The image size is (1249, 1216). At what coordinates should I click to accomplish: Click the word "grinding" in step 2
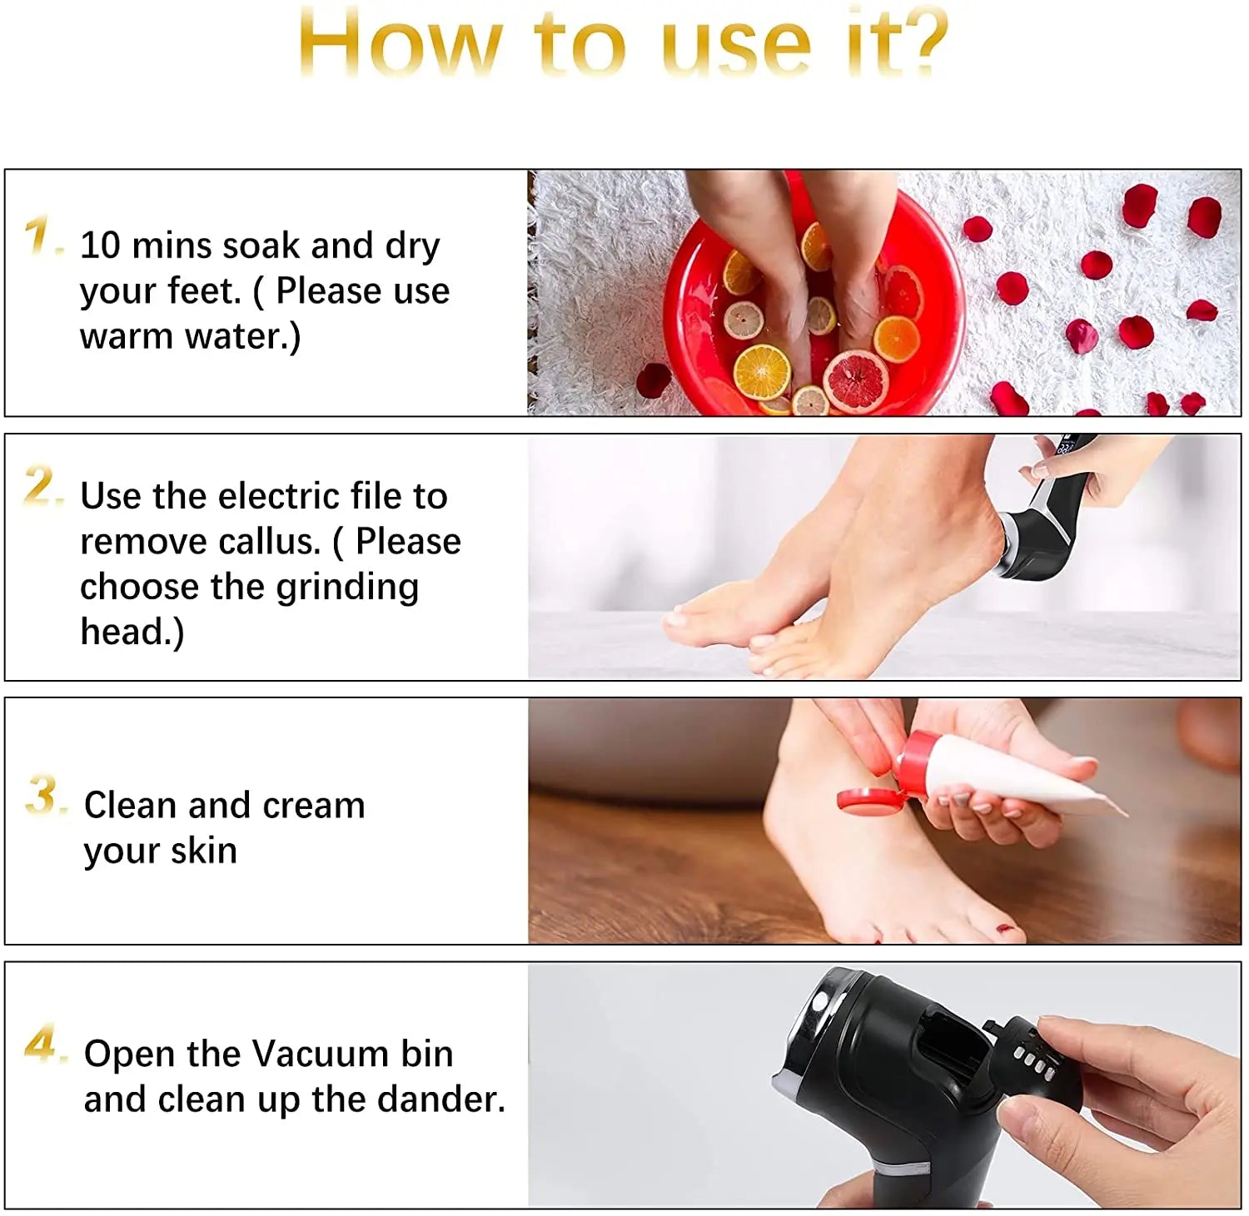pos(347,588)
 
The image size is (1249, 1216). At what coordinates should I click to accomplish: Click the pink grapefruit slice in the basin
pos(856,381)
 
